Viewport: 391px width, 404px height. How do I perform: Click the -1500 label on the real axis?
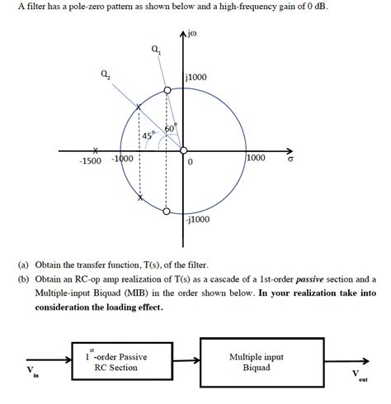[90, 160]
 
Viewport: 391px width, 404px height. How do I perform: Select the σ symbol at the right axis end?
[290, 161]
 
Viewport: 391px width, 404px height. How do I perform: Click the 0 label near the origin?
[190, 163]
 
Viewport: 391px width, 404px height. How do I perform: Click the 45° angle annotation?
[148, 135]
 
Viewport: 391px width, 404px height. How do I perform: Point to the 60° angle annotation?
[171, 129]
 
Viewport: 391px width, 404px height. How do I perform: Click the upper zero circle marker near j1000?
[167, 89]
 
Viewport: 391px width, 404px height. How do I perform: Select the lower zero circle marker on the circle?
[167, 211]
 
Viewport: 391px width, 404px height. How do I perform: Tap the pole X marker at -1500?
[97, 150]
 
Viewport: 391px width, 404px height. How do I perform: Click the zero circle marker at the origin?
[182, 150]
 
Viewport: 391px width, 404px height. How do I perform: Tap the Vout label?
[359, 375]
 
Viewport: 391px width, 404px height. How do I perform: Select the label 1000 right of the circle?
[257, 157]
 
